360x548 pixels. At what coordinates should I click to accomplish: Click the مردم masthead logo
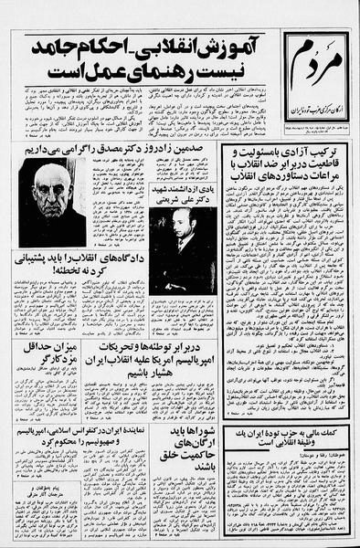[315, 67]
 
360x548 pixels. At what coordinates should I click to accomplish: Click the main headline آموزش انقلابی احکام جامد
[151, 47]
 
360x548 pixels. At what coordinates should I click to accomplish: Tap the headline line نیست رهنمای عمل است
[151, 70]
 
